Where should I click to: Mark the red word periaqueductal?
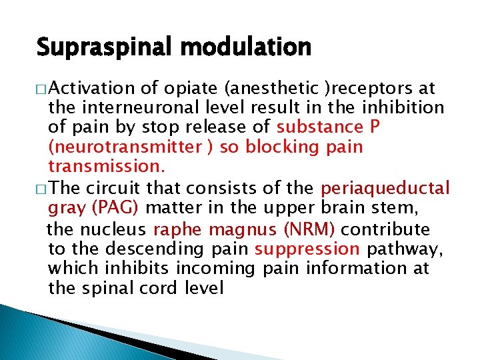click(x=386, y=189)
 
